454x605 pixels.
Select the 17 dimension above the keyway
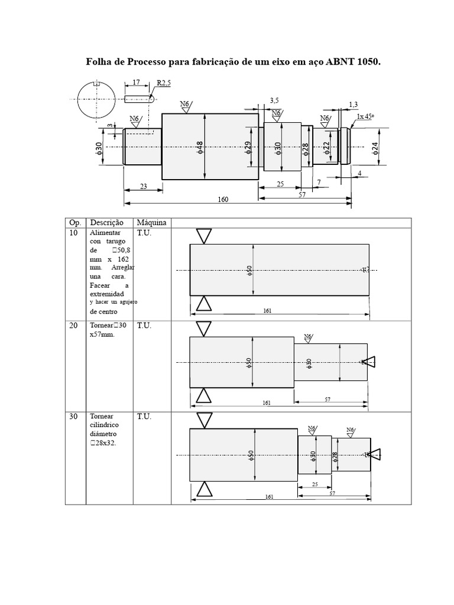(x=137, y=83)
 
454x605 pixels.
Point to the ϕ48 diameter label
(x=200, y=147)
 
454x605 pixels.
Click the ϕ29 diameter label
(x=249, y=148)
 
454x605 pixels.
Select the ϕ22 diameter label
(x=326, y=148)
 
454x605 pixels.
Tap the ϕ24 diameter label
(x=375, y=147)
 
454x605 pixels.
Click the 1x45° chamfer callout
(x=365, y=117)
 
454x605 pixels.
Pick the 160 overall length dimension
(x=223, y=200)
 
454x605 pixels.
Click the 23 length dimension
(x=142, y=186)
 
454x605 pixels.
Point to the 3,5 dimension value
(x=274, y=101)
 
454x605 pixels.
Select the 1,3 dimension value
(x=353, y=105)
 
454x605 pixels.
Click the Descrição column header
(x=106, y=223)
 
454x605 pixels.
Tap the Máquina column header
(x=151, y=223)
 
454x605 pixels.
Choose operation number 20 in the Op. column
(x=74, y=326)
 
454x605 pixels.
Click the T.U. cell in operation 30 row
(x=144, y=417)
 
